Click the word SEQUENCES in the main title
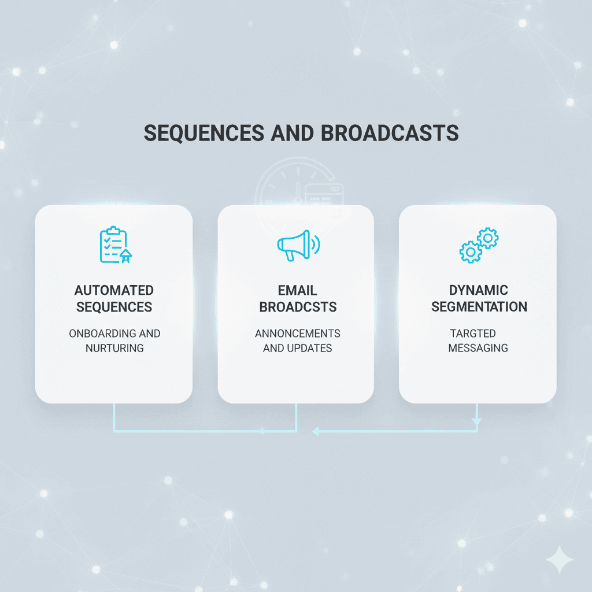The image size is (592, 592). (200, 133)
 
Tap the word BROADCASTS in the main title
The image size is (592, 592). (389, 133)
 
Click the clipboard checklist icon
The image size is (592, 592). (114, 246)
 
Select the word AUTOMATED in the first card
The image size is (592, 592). (114, 290)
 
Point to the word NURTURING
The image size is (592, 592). (114, 347)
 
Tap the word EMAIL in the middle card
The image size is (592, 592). (297, 290)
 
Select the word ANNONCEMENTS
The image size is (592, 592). (297, 334)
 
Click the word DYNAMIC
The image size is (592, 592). (478, 290)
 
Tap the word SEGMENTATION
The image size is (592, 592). (479, 306)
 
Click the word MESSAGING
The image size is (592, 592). (478, 347)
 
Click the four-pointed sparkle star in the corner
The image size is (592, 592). (560, 560)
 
